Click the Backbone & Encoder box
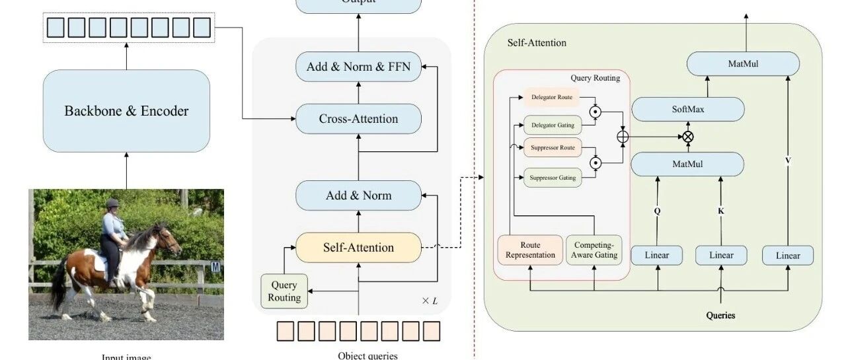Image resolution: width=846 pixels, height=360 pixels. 126,111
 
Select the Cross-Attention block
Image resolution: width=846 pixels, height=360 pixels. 358,119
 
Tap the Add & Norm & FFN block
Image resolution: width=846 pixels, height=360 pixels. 358,67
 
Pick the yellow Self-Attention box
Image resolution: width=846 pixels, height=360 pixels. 358,248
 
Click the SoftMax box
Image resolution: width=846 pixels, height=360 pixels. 687,109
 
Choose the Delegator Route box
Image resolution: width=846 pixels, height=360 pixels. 552,98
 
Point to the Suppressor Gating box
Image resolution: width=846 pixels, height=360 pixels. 553,177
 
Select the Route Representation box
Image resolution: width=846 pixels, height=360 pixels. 530,250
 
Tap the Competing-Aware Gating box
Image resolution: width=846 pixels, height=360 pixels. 594,250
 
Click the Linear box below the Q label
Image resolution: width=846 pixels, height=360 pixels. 656,256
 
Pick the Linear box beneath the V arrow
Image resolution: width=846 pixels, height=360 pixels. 788,256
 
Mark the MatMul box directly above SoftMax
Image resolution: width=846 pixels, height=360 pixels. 743,64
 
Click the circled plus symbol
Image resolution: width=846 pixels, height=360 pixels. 622,137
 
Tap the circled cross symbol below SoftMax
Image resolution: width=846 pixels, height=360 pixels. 688,137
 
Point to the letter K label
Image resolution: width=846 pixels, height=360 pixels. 720,211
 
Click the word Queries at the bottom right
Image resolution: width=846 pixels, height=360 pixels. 720,315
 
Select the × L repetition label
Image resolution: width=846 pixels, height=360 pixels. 430,301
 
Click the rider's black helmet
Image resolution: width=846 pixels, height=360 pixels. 112,203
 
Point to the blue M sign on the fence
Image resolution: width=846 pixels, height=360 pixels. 216,267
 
